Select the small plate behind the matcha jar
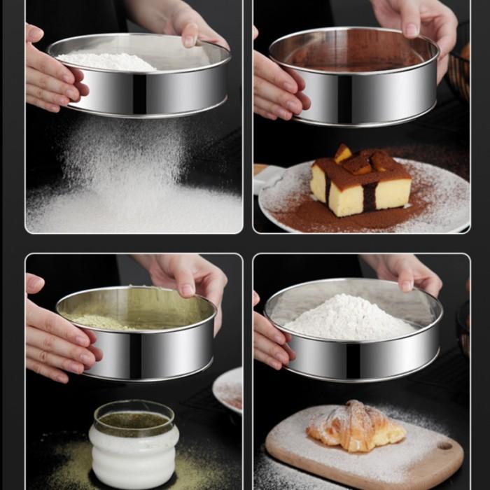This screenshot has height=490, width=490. [x=229, y=388]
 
